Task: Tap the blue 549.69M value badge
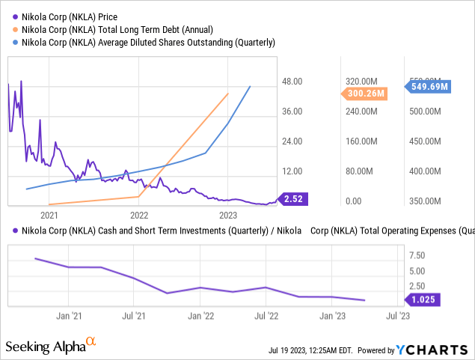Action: pos(429,86)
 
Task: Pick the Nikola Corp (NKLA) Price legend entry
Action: pos(72,16)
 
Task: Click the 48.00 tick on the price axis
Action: pos(291,82)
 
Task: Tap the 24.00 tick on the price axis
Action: pos(291,141)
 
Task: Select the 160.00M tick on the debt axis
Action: pos(362,141)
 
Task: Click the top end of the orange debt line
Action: pos(228,94)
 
